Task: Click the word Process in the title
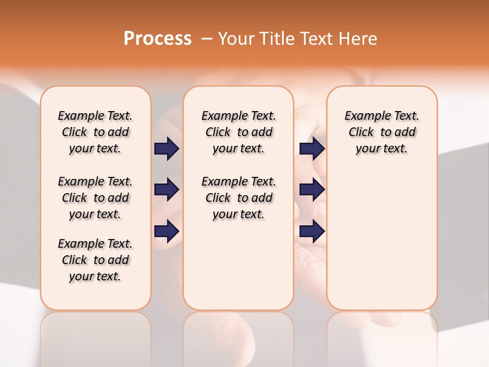(157, 39)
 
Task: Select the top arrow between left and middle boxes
(167, 148)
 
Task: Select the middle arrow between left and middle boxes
(167, 190)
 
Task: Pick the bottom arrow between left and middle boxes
(167, 231)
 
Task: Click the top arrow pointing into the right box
(312, 148)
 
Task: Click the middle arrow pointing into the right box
(312, 190)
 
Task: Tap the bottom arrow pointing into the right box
(312, 231)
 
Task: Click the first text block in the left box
(95, 132)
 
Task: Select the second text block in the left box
(95, 198)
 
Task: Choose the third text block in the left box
(95, 260)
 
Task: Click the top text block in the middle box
(238, 132)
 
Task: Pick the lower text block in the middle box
(238, 198)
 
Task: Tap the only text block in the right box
(382, 132)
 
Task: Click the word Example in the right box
(363, 116)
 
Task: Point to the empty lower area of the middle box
(238, 265)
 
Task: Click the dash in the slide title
(207, 39)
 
